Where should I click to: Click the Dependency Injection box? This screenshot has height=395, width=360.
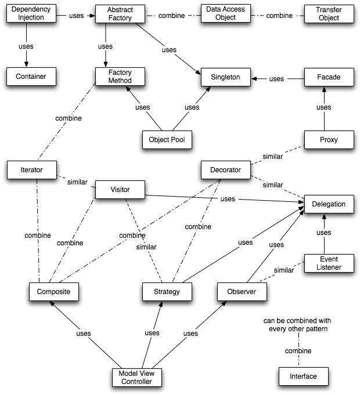pyautogui.click(x=31, y=14)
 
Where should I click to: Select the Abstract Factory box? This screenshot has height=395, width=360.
pyautogui.click(x=120, y=14)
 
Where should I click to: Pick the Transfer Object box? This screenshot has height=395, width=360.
pyautogui.click(x=328, y=14)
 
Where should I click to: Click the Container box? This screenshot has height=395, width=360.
pyautogui.click(x=31, y=76)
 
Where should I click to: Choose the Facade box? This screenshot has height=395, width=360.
pyautogui.click(x=328, y=77)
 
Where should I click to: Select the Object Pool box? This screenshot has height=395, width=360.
pyautogui.click(x=167, y=139)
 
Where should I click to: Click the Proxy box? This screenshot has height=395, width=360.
pyautogui.click(x=328, y=140)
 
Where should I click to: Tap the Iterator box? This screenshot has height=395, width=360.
pyautogui.click(x=32, y=170)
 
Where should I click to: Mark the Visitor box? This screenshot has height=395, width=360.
pyautogui.click(x=120, y=189)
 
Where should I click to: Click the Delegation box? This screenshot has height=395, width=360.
pyautogui.click(x=329, y=204)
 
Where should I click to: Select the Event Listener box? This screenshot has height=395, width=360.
pyautogui.click(x=329, y=263)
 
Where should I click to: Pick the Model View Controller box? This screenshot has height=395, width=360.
pyautogui.click(x=136, y=377)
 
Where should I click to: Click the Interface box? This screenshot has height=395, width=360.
pyautogui.click(x=303, y=376)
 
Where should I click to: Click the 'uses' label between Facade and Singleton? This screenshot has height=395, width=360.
pyautogui.click(x=277, y=79)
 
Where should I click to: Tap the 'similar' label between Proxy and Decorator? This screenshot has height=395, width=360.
pyautogui.click(x=273, y=157)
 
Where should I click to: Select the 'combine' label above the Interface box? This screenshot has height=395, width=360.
pyautogui.click(x=298, y=351)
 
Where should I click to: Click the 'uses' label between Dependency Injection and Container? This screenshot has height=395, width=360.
pyautogui.click(x=26, y=45)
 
